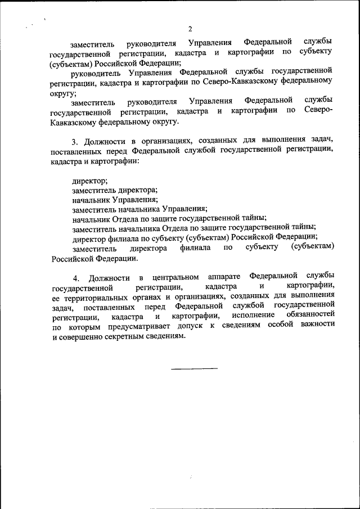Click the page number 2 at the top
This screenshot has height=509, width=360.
190,29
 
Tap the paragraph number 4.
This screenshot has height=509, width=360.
75,279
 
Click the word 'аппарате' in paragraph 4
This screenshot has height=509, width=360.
224,278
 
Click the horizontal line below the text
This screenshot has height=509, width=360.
193,369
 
